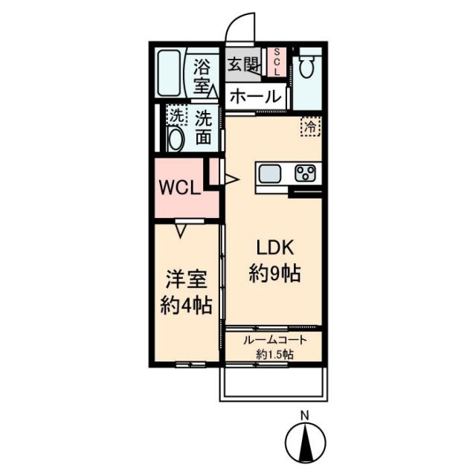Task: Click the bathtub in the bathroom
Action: pos(170,73)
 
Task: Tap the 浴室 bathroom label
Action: pos(202,76)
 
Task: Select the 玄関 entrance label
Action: pos(243,64)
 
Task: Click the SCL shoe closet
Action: pos(277,62)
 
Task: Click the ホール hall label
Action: pos(256,97)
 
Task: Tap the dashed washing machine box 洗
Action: pos(176,115)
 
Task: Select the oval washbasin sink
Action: pos(176,140)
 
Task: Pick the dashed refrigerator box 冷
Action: pos(311,126)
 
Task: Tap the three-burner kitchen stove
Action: pos(305,173)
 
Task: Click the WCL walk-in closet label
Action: pos(180,188)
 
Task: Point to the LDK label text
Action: pos(275,248)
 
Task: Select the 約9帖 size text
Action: pos(275,273)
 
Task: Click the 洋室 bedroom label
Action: pos(186,280)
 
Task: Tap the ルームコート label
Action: pos(275,341)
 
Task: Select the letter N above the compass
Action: pos(304,415)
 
